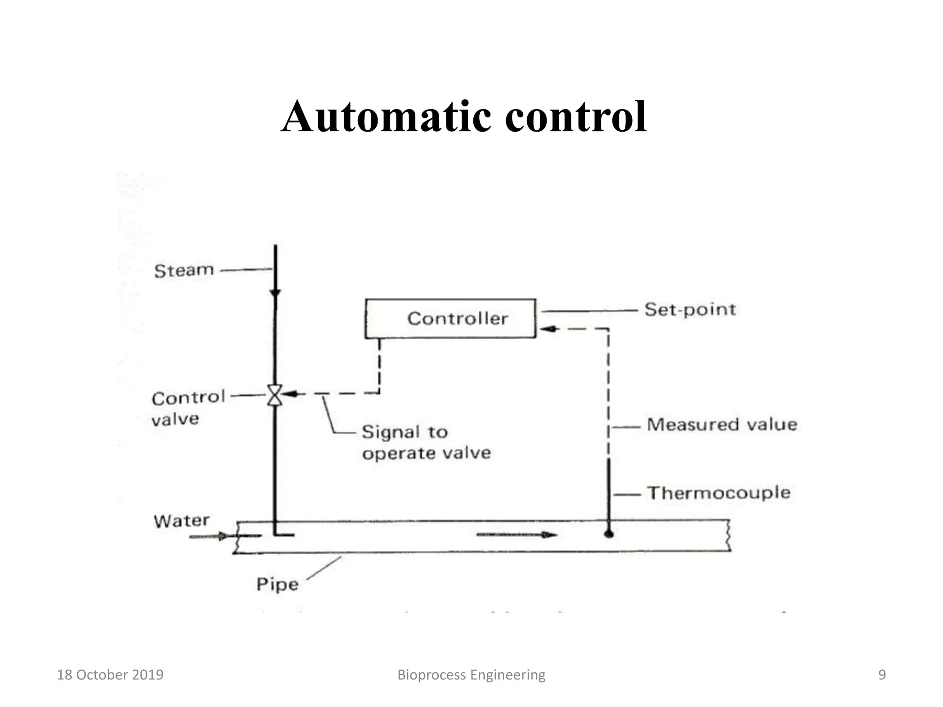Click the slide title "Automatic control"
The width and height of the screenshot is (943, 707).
(x=464, y=117)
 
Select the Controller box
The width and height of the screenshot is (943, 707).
(x=450, y=319)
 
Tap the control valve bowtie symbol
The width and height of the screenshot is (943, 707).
(x=275, y=395)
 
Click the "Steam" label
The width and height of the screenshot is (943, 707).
(x=184, y=271)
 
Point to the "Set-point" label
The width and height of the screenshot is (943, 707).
(x=690, y=310)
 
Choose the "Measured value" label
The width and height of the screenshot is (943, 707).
(x=722, y=424)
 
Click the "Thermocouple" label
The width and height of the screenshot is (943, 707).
(x=719, y=493)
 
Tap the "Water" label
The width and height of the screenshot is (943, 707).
(x=181, y=521)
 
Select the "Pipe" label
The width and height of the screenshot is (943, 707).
(x=277, y=585)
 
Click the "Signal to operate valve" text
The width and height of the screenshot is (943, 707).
(x=426, y=442)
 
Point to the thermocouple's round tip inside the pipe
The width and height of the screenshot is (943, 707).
(x=609, y=534)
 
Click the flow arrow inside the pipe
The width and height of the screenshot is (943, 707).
(x=517, y=535)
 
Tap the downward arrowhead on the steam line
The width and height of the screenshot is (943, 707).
(x=275, y=293)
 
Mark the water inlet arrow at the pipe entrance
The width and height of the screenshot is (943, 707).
(x=210, y=536)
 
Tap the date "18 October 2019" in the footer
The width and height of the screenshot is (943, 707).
(x=110, y=675)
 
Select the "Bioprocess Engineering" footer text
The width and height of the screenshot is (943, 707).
(x=471, y=675)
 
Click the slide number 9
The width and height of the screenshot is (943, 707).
(x=882, y=675)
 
